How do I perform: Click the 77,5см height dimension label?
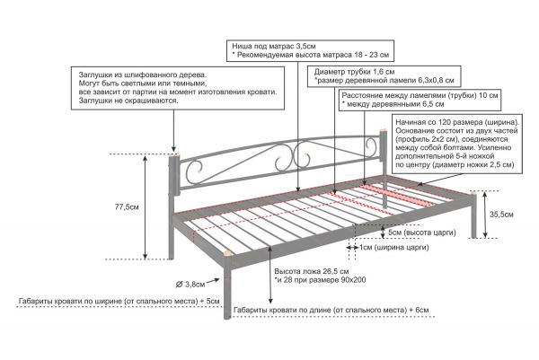(127, 207)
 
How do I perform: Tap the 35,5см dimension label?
(501, 215)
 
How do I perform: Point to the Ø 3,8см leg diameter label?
(190, 285)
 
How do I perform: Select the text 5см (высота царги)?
(422, 233)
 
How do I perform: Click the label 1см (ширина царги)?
(394, 247)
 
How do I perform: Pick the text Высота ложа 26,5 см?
(312, 271)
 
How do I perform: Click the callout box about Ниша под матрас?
(310, 51)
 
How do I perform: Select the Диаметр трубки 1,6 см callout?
(384, 76)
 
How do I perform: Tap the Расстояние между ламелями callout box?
(420, 100)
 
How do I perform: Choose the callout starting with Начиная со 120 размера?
(457, 144)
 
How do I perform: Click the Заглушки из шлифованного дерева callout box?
(178, 88)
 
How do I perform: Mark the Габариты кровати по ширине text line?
(119, 302)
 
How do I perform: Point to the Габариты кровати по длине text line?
(331, 310)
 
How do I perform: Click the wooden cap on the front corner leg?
(226, 254)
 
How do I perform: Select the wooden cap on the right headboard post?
(383, 131)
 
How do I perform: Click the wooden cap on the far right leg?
(474, 192)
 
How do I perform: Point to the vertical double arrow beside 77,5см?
(145, 207)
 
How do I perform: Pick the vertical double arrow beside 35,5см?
(485, 215)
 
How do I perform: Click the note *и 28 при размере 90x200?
(320, 280)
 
